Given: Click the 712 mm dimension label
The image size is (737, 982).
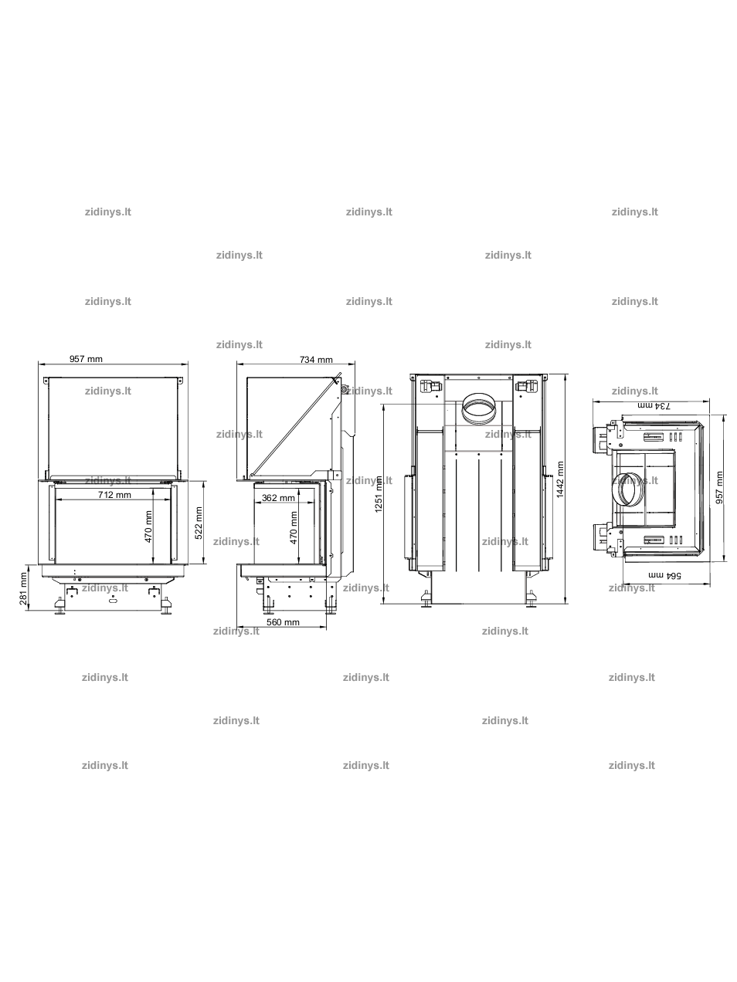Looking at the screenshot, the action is point(114,494).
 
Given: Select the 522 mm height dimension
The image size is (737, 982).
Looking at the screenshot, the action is point(199,523).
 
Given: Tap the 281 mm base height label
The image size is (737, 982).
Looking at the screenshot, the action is point(23,589).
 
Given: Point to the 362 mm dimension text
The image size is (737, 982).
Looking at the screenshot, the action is point(278,497).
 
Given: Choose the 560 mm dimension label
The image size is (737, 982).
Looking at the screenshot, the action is point(283,622).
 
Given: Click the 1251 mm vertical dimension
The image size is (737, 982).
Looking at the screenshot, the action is point(379,494).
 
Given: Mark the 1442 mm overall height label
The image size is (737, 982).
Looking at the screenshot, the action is point(560,479).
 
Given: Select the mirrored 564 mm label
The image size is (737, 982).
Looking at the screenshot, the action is point(665,575).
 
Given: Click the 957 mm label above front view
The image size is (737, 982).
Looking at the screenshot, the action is point(86,359).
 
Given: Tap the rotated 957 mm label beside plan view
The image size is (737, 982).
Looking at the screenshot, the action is point(719,487).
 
